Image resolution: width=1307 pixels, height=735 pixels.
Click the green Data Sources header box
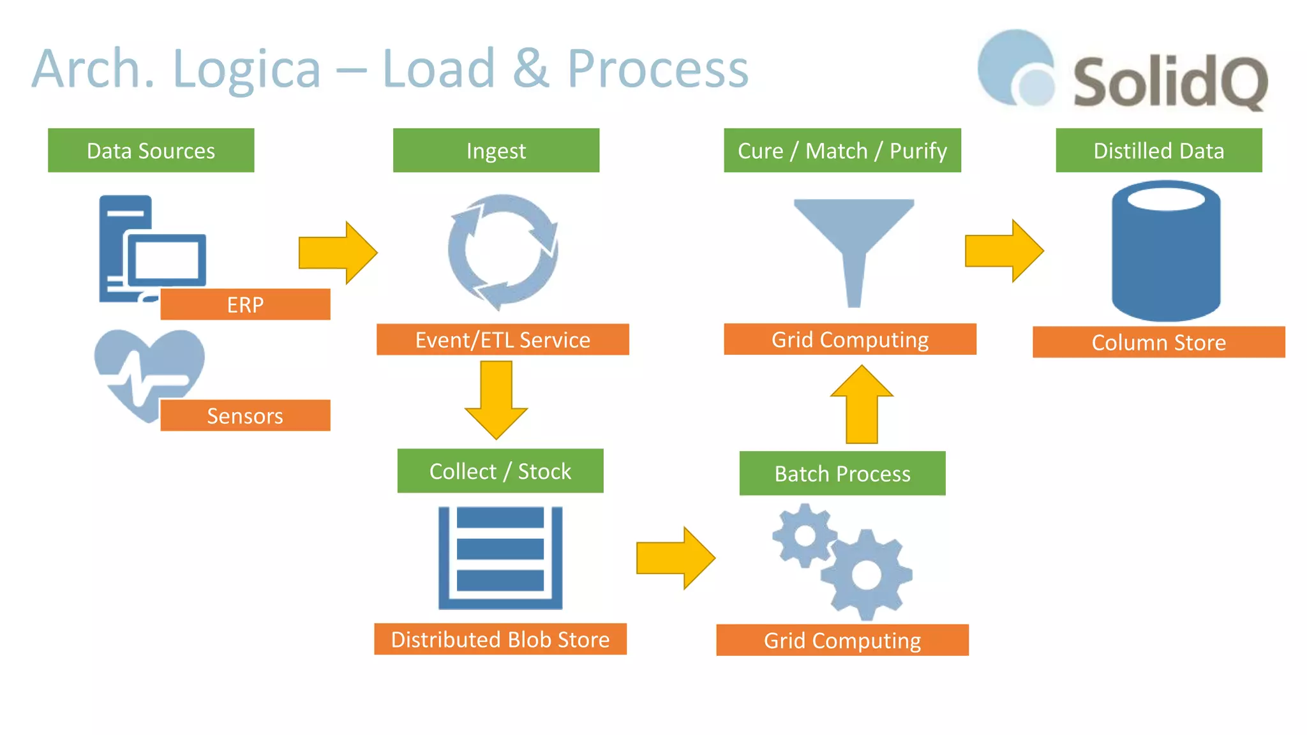tap(151, 151)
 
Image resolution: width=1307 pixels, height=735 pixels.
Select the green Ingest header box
tap(496, 151)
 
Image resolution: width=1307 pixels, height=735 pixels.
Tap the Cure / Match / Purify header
tap(842, 151)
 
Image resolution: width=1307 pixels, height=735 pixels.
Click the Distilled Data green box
tap(1158, 151)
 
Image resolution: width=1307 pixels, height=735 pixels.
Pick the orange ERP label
tap(245, 304)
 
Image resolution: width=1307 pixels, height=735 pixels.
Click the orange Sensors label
tap(245, 415)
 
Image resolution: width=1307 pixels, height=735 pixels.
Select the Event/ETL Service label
tap(502, 339)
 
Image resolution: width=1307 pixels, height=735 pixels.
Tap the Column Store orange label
tap(1158, 342)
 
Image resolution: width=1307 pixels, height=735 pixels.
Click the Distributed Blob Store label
tap(500, 639)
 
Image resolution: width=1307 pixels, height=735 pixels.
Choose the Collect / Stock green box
tap(500, 471)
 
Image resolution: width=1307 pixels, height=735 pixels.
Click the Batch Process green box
tap(842, 473)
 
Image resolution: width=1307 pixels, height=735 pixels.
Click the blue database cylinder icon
tap(1165, 255)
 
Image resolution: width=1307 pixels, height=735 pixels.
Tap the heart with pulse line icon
tap(147, 370)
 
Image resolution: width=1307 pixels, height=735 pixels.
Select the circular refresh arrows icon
tap(502, 252)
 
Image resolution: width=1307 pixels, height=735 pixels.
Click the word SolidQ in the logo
tap(1170, 82)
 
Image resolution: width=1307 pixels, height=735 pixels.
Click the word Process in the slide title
tap(657, 69)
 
